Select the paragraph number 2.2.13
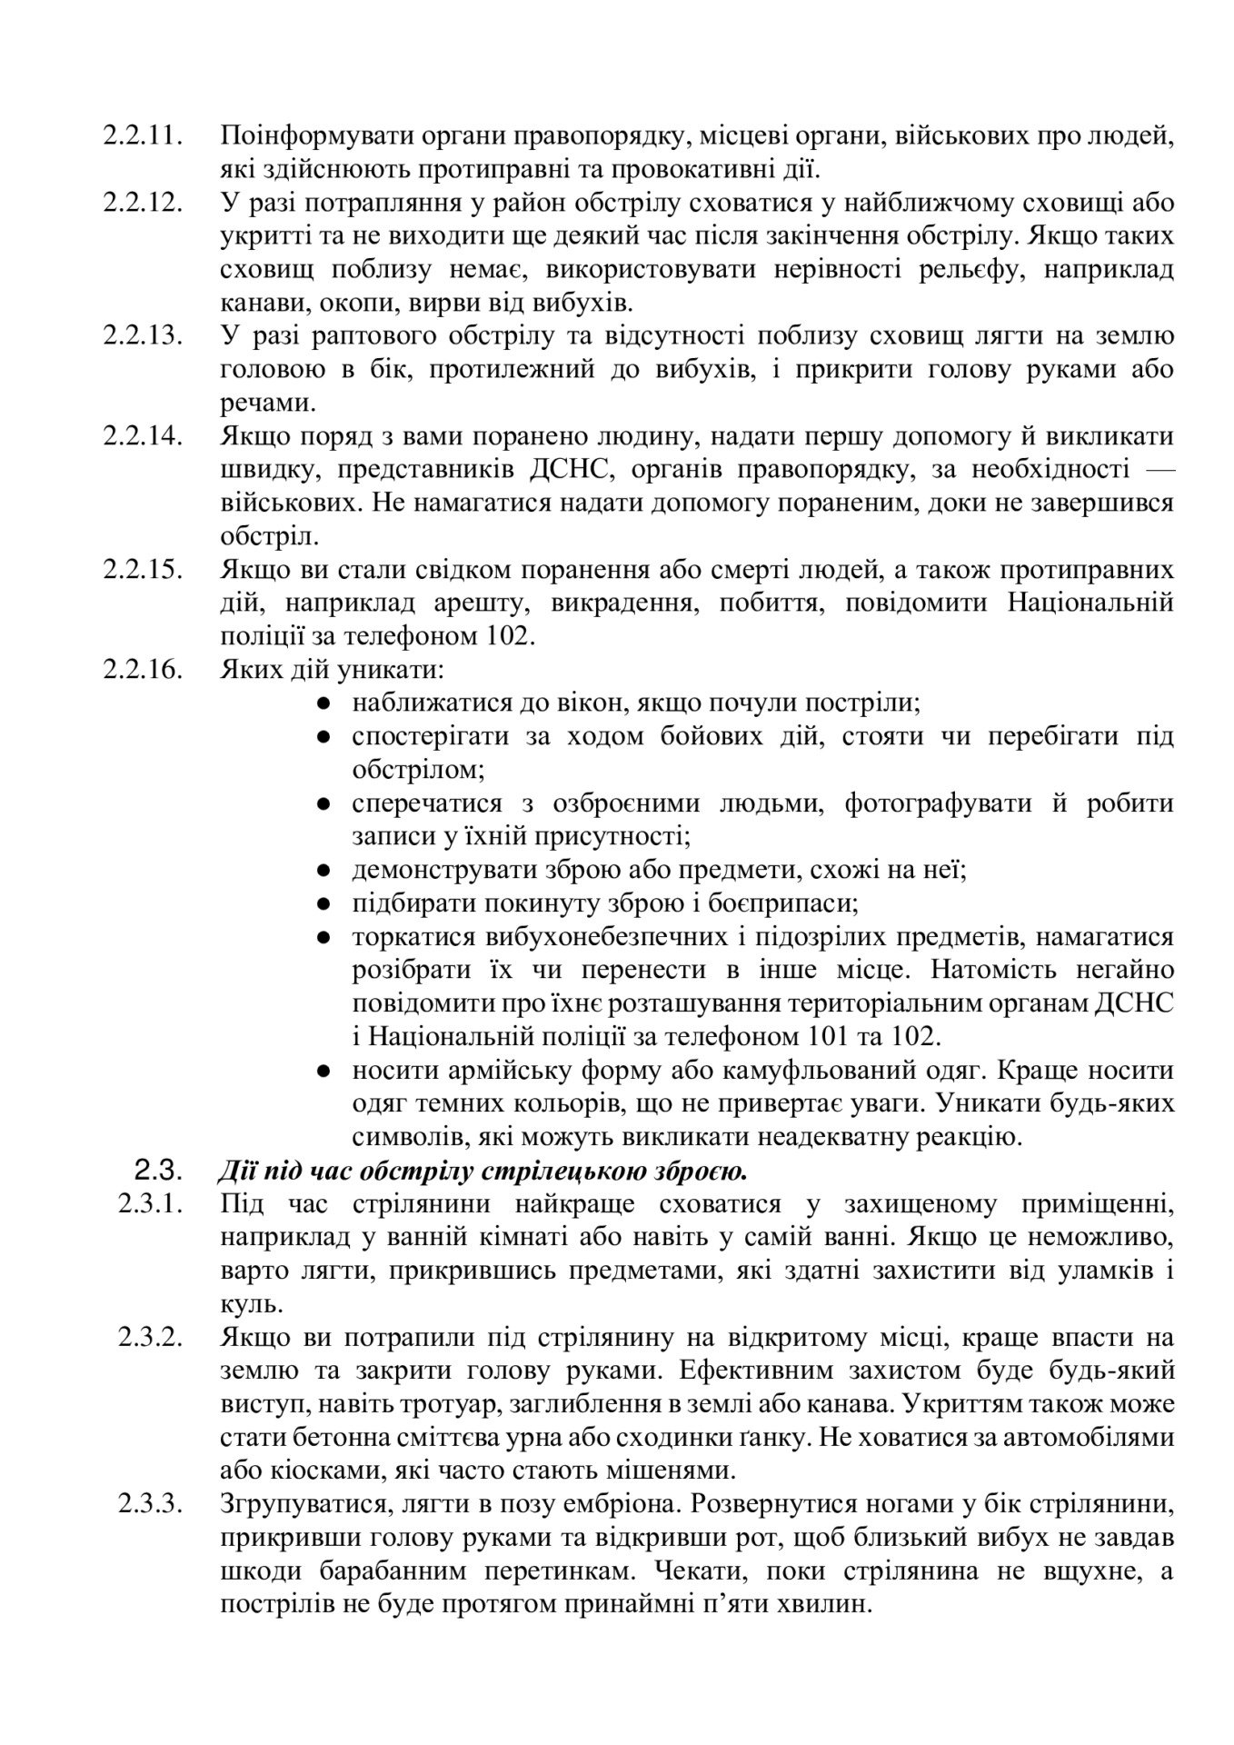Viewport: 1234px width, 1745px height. pyautogui.click(x=143, y=336)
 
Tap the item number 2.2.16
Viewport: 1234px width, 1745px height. pyautogui.click(x=143, y=670)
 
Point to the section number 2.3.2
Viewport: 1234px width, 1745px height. pyautogui.click(x=150, y=1337)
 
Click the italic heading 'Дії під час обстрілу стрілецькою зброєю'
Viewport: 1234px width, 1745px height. pyautogui.click(x=482, y=1172)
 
